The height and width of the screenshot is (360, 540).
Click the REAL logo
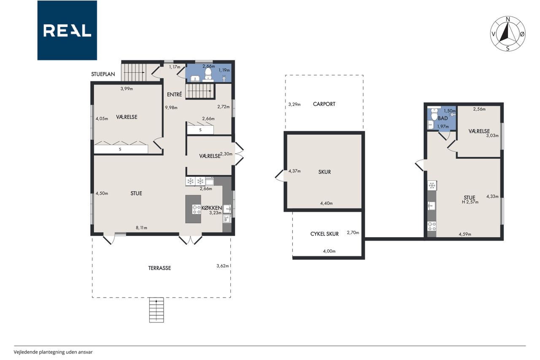pos(67,30)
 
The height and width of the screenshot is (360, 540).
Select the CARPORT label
pos(324,104)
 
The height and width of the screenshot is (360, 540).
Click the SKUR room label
pos(324,172)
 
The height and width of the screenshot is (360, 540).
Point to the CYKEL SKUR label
pos(324,234)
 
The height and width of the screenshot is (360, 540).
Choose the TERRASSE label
pos(159,268)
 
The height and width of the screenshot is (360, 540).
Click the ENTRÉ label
pos(175,95)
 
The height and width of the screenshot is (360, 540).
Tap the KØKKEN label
pos(212,208)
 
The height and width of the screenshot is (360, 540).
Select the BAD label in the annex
pos(443,119)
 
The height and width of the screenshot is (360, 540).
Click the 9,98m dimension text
pos(171,108)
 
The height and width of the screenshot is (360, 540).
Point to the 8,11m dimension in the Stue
pos(141,227)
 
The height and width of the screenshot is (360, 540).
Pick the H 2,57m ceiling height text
pos(470,202)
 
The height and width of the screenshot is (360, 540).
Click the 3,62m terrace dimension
pos(222,266)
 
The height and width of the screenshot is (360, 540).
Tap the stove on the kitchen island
pos(197,209)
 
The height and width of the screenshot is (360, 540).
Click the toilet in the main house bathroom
pos(208,73)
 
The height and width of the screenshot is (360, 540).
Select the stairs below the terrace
pos(157,310)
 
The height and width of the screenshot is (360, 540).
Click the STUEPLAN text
pos(103,74)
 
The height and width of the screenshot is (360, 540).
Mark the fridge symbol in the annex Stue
pos(432,185)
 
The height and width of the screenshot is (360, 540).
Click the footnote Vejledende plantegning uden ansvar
pos(53,352)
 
